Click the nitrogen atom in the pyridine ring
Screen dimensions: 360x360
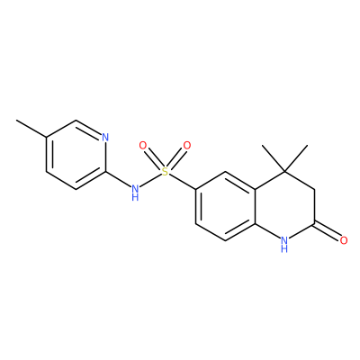[x=105, y=138]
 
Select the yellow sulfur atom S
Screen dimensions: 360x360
[x=165, y=172]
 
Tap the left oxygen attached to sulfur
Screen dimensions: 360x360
[x=143, y=146]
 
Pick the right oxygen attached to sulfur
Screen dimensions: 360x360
[x=187, y=146]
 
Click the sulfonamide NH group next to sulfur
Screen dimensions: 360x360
[x=135, y=192]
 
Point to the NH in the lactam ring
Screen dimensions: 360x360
[x=284, y=244]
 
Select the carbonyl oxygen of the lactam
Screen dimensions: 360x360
[x=344, y=240]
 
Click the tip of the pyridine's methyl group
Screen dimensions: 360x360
[x=16, y=121]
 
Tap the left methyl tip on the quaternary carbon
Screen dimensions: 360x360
[x=262, y=146]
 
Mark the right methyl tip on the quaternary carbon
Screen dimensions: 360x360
[x=308, y=146]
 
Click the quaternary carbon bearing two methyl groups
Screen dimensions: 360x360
[x=285, y=172]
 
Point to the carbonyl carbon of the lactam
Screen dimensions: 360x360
[x=314, y=223]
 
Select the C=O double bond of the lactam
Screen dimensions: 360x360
[x=328, y=231]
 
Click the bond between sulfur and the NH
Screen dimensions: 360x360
[x=150, y=180]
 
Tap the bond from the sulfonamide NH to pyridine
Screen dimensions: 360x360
[x=118, y=179]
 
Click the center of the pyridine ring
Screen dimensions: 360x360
[x=76, y=155]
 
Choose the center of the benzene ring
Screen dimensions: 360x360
[x=225, y=206]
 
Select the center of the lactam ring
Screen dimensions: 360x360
[x=284, y=206]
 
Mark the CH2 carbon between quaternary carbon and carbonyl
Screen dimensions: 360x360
[x=314, y=189]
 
